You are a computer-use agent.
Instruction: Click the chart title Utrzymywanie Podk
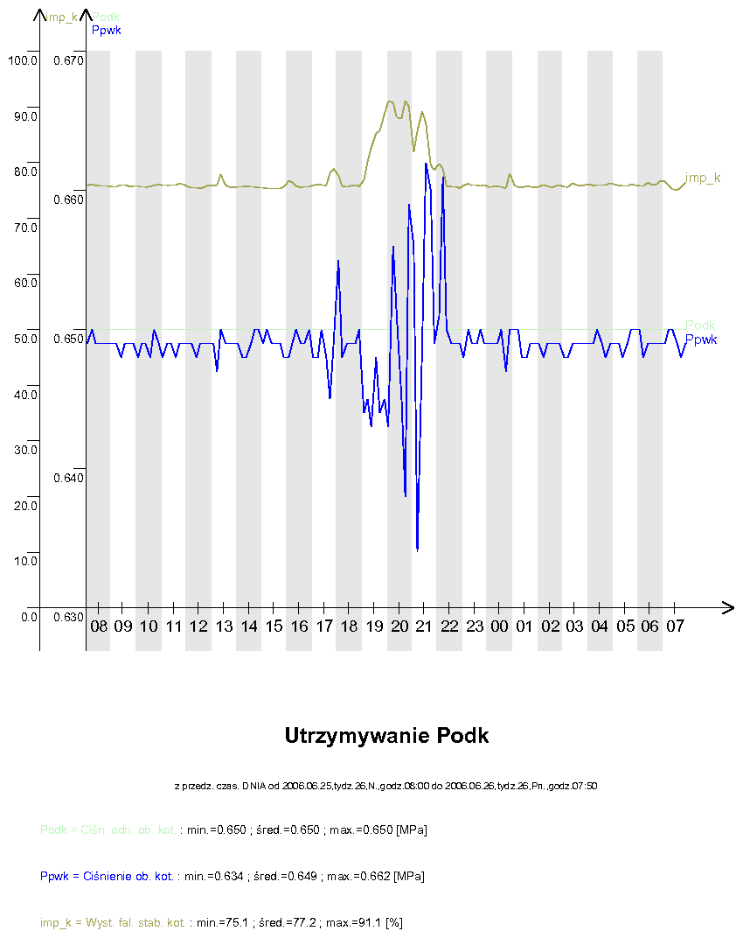[386, 736]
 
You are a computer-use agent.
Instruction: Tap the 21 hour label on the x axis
[425, 626]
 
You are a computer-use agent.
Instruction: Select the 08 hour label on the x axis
[98, 626]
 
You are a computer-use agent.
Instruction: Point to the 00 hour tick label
[500, 626]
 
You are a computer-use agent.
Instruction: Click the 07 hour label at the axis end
[675, 626]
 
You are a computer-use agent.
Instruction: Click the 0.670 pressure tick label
[67, 60]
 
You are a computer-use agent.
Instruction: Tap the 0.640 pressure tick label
[67, 478]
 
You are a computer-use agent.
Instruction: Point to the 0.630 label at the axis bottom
[67, 617]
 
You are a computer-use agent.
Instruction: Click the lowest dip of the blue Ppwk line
[418, 549]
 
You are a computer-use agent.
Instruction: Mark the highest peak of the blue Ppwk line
[427, 164]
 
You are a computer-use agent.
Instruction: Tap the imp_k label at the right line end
[703, 178]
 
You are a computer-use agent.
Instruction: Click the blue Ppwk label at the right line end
[701, 339]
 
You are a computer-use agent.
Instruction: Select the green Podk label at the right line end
[700, 325]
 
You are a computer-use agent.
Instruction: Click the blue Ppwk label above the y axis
[106, 30]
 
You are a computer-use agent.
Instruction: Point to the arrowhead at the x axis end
[727, 606]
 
